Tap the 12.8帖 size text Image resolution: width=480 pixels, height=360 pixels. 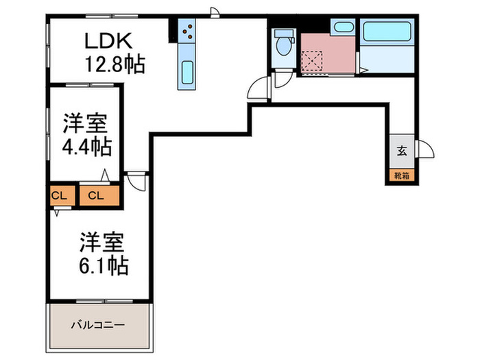point(114,65)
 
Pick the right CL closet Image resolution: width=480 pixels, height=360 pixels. point(96,195)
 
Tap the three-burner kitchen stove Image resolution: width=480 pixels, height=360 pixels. point(187,30)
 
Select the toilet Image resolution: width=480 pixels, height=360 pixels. point(282,44)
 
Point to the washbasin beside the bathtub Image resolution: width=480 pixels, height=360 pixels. point(341,28)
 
